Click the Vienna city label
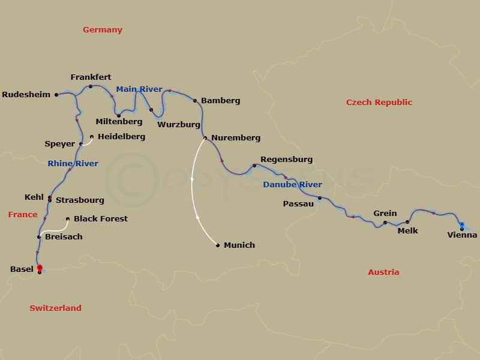pyautogui.click(x=462, y=235)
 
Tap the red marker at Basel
pyautogui.click(x=40, y=268)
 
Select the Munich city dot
pyautogui.click(x=218, y=245)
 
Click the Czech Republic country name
pyautogui.click(x=379, y=102)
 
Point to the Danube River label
pyautogui.click(x=292, y=185)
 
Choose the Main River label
pyautogui.click(x=139, y=89)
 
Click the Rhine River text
pyautogui.click(x=73, y=163)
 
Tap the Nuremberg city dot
pyautogui.click(x=205, y=138)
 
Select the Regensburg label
pyautogui.click(x=286, y=160)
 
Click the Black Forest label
pyautogui.click(x=101, y=218)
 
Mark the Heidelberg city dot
pyautogui.click(x=92, y=137)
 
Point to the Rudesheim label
pyautogui.click(x=26, y=95)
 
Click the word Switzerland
pyautogui.click(x=55, y=308)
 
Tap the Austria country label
pyautogui.click(x=383, y=272)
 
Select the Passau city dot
pyautogui.click(x=319, y=198)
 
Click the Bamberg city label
pyautogui.click(x=220, y=101)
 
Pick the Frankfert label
pyautogui.click(x=91, y=77)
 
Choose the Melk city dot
pyautogui.click(x=407, y=222)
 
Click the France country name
pyautogui.click(x=23, y=214)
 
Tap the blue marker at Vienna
pyautogui.click(x=461, y=225)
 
